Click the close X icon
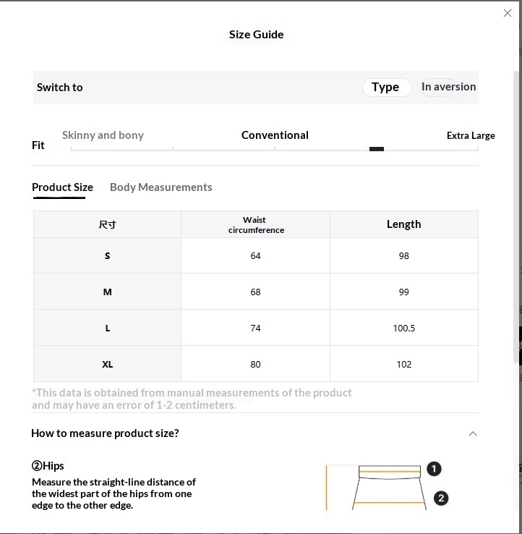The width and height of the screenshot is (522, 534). pos(508,13)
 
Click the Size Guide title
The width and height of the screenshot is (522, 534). pos(256,34)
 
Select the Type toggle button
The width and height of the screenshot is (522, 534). pos(386,87)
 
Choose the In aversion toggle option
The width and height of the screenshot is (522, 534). pos(448,87)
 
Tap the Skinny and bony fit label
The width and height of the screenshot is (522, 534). pos(103,135)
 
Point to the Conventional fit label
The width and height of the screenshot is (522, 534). pos(275,135)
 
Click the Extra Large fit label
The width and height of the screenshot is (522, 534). pos(471,135)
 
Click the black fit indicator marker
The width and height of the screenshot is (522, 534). pos(376,149)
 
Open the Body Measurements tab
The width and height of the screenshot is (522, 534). pos(161,187)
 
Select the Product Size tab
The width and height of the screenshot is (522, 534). pos(62,187)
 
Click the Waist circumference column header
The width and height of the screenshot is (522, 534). pos(255,224)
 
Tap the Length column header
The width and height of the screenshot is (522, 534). pos(403,224)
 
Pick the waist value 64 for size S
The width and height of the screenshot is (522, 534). pos(255,256)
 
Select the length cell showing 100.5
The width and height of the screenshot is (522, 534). pos(403,329)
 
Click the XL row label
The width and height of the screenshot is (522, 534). pos(107,365)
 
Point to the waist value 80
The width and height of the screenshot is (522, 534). pos(255,365)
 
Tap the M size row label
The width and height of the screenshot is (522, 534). pos(107,292)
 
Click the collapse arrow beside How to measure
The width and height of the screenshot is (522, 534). pos(473,433)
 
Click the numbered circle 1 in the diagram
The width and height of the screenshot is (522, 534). pos(434,469)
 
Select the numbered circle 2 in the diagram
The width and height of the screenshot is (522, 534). pos(440,498)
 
